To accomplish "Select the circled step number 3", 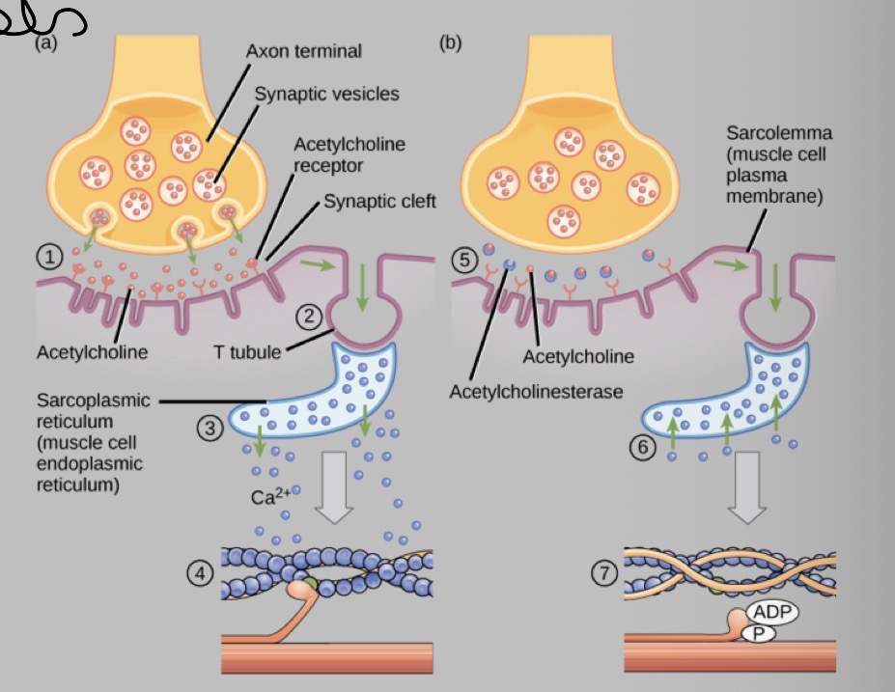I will [210, 428].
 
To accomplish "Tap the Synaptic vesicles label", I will [326, 94].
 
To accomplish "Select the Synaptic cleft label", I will [379, 202].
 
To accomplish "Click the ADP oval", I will [771, 612].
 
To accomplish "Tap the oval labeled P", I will [758, 632].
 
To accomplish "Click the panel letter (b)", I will [450, 42].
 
